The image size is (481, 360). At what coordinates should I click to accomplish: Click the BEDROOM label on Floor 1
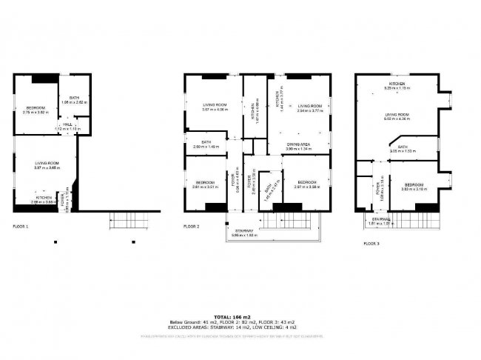(36, 108)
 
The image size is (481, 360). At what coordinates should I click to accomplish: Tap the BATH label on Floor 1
(74, 98)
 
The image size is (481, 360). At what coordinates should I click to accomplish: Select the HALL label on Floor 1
(67, 125)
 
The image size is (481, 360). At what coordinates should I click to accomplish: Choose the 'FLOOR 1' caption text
(21, 225)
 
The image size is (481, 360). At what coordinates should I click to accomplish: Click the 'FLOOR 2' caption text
(192, 225)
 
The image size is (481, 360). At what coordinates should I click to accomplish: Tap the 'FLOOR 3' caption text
(372, 242)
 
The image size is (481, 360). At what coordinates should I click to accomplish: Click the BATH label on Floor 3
(403, 147)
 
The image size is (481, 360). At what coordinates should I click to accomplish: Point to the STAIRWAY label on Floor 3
(382, 219)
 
